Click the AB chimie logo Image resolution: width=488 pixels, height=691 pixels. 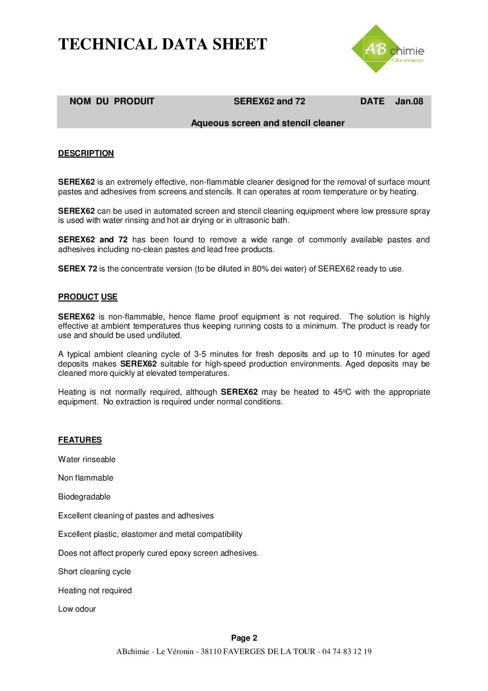pos(387,49)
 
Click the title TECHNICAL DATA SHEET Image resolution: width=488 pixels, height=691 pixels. pos(162,44)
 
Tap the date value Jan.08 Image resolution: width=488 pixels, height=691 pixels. pos(409,102)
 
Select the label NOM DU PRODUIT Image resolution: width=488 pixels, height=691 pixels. pos(112,102)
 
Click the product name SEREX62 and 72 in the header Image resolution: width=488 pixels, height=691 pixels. pos(269,102)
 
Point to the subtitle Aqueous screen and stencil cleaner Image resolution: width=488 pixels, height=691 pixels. pos(268,123)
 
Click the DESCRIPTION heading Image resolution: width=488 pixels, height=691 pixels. pos(86,154)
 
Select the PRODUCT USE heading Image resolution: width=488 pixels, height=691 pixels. pos(88,297)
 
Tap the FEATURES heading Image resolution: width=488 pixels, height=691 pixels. pos(80,440)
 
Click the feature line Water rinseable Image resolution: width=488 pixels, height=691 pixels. pos(87,460)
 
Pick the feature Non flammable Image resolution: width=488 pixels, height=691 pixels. pos(85,478)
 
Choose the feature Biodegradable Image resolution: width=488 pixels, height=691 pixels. pos(84,497)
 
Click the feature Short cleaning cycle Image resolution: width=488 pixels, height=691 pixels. pos(94,572)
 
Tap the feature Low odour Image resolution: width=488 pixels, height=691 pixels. pos(77,609)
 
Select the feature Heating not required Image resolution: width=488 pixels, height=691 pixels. pos(95,591)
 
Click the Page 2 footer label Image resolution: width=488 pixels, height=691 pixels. pos(244,638)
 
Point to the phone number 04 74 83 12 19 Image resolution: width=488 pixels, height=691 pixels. pos(347,652)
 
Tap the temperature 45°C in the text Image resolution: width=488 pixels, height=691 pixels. pos(342,392)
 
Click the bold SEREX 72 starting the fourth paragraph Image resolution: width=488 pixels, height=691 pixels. pos(77,269)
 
